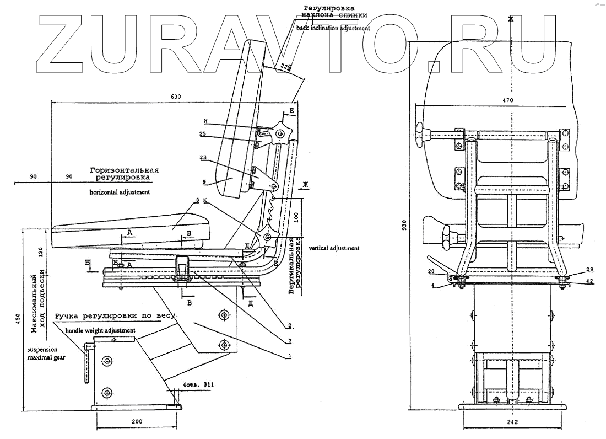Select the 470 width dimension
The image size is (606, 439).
507,100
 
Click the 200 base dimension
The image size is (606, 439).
137,422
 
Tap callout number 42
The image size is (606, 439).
573,281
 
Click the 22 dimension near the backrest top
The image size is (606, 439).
283,67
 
